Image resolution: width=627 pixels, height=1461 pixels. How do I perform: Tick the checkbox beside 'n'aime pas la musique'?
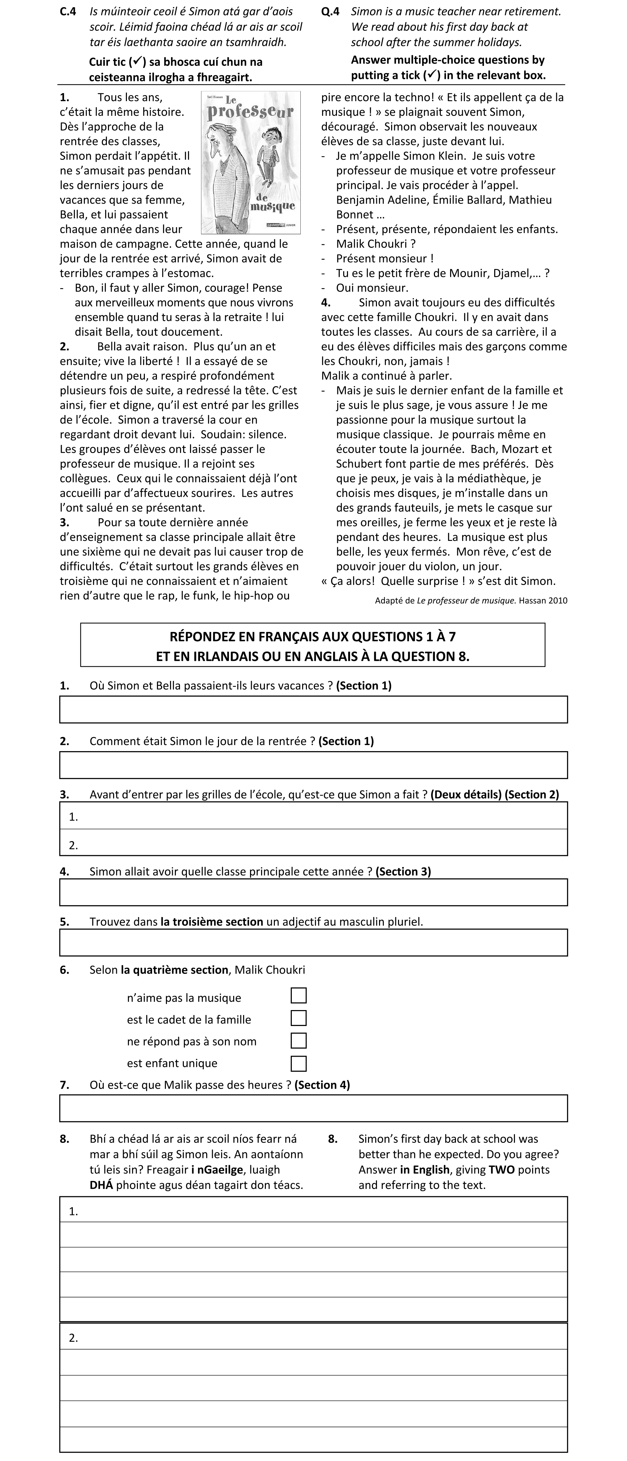point(298,995)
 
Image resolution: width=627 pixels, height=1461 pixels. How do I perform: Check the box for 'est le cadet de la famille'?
point(298,1018)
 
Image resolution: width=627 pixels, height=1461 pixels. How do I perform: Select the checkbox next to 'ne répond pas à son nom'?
point(298,1040)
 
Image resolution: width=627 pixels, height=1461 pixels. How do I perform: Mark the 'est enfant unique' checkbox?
point(298,1063)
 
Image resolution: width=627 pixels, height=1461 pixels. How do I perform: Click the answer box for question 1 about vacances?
point(313,709)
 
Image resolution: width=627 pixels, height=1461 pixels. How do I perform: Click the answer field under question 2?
point(313,765)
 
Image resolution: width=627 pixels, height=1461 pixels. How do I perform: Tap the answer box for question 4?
point(313,892)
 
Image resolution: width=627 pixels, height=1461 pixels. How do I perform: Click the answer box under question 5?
point(313,942)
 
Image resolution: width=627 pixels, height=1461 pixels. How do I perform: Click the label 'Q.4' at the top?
point(330,11)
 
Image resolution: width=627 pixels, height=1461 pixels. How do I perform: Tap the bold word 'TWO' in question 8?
point(501,1169)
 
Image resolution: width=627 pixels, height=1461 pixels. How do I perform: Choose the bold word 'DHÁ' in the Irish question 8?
point(101,1185)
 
